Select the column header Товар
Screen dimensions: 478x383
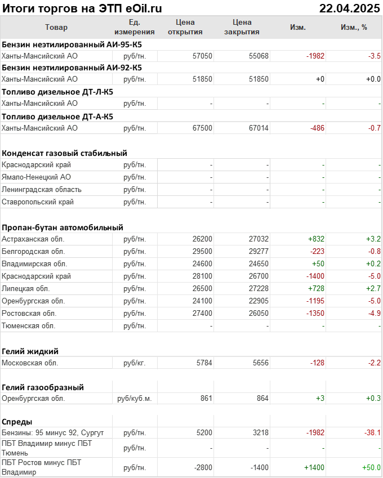(x=56, y=27)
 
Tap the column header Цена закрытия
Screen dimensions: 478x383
(x=242, y=27)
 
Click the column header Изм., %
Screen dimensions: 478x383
(x=354, y=27)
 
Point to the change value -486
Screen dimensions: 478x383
(x=317, y=128)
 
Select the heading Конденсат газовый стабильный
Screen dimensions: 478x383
(x=64, y=153)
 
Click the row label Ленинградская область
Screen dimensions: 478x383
(x=42, y=190)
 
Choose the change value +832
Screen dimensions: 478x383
(x=316, y=239)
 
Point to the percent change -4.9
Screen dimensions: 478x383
(x=374, y=314)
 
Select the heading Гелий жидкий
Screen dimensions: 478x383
(x=30, y=351)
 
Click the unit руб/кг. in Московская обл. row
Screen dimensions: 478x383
(x=134, y=363)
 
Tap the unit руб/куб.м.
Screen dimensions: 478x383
(x=134, y=399)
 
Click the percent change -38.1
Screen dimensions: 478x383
(x=372, y=433)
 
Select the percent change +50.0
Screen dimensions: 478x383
(x=371, y=468)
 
